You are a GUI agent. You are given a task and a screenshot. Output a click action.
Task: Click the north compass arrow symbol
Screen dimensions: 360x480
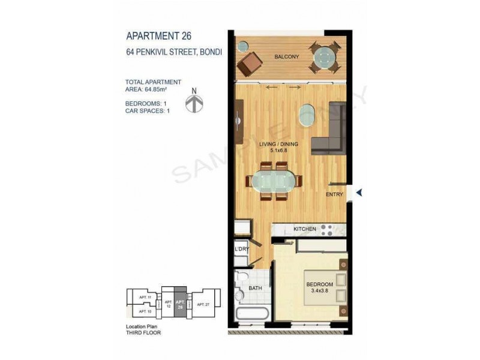[x=193, y=103]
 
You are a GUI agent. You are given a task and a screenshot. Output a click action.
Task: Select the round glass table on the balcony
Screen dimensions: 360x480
[x=325, y=58]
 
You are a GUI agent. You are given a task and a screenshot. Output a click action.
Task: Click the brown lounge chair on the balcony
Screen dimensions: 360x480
[x=249, y=62]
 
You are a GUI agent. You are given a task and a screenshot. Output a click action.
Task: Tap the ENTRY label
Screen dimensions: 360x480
[x=334, y=195]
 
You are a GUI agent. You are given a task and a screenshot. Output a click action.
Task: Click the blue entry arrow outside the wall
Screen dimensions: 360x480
[x=360, y=193]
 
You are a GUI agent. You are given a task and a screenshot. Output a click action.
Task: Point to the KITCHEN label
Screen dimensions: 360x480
[x=304, y=229]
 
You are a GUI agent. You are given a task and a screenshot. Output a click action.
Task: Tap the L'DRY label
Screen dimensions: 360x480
[x=241, y=248]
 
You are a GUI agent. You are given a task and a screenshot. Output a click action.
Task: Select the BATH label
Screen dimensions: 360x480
[x=255, y=288]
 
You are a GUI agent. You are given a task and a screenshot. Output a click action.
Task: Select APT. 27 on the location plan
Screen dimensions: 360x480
[x=203, y=305]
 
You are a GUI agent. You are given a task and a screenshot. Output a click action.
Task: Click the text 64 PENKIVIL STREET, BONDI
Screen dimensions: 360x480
[x=174, y=52]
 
